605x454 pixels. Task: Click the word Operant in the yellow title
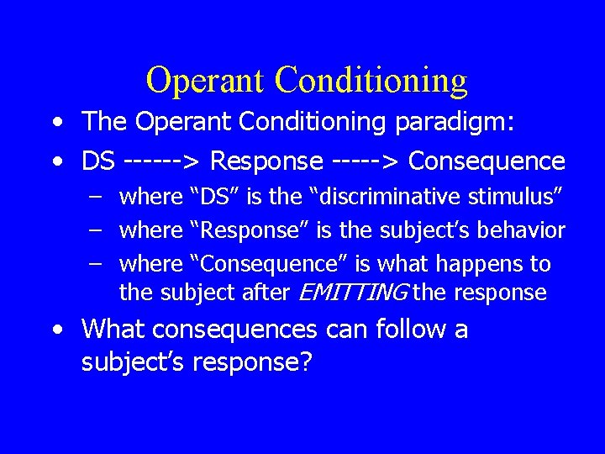pyautogui.click(x=205, y=81)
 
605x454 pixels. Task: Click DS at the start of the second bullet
pyautogui.click(x=98, y=160)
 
